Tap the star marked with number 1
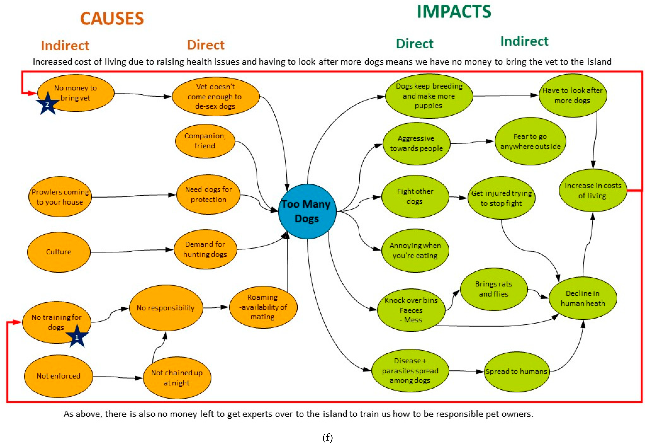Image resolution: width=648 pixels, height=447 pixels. point(77,337)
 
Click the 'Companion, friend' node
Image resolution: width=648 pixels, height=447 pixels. point(205,141)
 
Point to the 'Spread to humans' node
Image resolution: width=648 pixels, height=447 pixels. point(516,372)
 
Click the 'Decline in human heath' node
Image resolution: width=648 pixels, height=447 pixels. point(583,298)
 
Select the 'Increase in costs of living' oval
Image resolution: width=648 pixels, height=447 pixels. point(593,190)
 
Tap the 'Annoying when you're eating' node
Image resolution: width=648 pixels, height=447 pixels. point(415,250)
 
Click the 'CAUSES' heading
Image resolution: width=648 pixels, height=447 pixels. point(112,19)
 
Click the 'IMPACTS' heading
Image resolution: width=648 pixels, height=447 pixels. point(454,12)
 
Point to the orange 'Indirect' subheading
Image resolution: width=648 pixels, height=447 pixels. point(65,45)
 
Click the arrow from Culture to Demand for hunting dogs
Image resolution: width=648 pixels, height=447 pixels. point(132,251)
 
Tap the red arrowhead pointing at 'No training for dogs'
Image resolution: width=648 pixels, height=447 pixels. point(17,322)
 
